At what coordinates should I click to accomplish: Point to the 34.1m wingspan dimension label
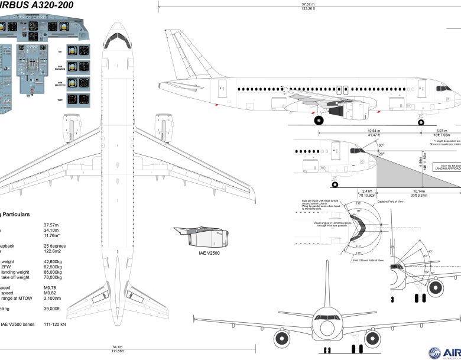click(118, 346)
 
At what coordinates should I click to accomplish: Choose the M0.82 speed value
click(51, 292)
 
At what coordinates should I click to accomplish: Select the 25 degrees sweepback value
click(54, 246)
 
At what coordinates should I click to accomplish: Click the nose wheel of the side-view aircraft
click(421, 122)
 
